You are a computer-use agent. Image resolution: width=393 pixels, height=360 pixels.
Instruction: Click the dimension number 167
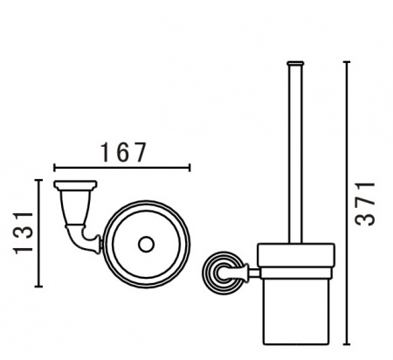(x=123, y=152)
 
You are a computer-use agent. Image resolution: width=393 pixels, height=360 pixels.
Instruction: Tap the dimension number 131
(x=24, y=233)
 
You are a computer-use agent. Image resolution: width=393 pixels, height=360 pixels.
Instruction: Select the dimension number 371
(x=365, y=204)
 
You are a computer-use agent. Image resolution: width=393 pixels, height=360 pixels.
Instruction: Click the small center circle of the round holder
(x=146, y=245)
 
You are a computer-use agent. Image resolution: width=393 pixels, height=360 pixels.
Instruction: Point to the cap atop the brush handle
(x=295, y=63)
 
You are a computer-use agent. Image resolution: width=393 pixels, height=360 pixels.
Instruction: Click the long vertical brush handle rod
(x=295, y=154)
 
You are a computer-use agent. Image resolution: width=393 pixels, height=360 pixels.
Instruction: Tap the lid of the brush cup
(x=296, y=254)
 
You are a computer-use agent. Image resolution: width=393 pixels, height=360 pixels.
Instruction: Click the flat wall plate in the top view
(x=75, y=184)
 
